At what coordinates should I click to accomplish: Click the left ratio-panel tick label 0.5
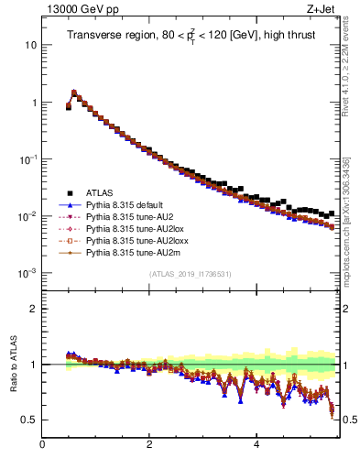pyautogui.click(x=29, y=420)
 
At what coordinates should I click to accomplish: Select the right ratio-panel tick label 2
pyautogui.click(x=349, y=309)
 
